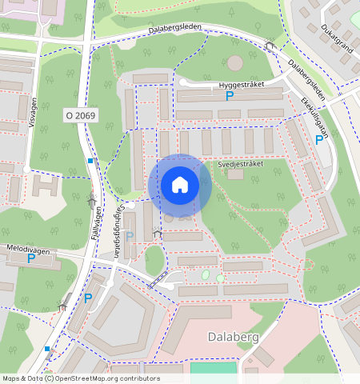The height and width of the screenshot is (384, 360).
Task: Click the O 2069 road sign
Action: [x=80, y=116]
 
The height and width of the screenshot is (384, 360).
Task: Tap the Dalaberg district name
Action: [x=234, y=337]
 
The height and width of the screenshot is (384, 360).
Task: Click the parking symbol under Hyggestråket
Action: [x=230, y=97]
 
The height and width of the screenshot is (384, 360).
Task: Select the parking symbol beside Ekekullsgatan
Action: [x=319, y=140]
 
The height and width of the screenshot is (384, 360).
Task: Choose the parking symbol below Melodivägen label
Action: [x=31, y=258]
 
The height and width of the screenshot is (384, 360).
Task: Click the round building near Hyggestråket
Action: [x=234, y=62]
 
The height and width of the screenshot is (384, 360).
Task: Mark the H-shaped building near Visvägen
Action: [x=46, y=186]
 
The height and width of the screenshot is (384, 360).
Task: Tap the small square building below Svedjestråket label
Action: [x=235, y=174]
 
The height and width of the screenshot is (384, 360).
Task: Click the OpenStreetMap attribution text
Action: [x=80, y=378]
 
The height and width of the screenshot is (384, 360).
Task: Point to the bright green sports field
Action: [x=214, y=370]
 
